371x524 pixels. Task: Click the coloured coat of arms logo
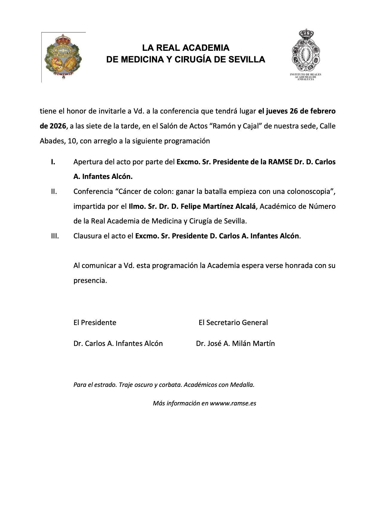click(x=63, y=57)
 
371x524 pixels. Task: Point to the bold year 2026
click(x=53, y=126)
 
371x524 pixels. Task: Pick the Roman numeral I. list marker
click(x=53, y=162)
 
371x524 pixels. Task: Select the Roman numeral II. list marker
click(x=54, y=191)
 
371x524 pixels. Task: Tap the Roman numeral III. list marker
click(x=55, y=236)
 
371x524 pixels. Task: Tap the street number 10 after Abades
click(x=72, y=141)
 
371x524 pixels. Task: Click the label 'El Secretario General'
click(x=233, y=323)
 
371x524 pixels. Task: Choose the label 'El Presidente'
click(x=95, y=323)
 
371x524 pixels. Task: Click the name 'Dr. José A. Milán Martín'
click(x=235, y=344)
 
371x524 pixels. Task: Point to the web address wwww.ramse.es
click(x=233, y=403)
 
